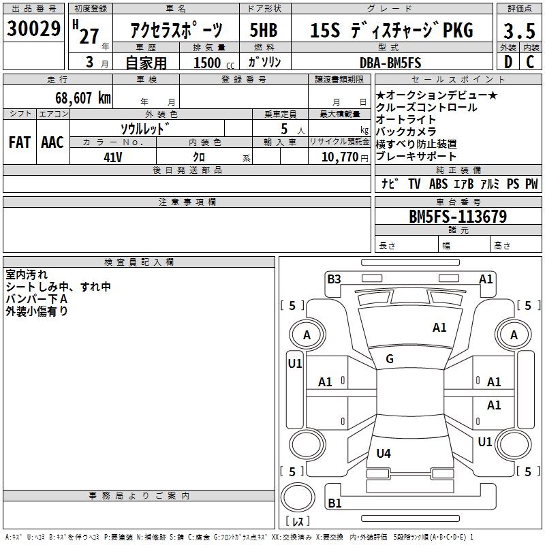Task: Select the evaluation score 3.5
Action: [518, 31]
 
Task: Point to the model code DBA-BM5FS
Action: [390, 63]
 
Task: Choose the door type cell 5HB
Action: [264, 31]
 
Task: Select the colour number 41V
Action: [113, 157]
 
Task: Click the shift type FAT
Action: [20, 142]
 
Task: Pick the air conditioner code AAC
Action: [52, 142]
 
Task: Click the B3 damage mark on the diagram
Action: [334, 278]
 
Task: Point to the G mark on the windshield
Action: [390, 358]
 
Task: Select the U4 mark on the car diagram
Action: [384, 452]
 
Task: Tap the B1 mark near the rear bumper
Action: [334, 503]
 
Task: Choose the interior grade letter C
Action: [531, 63]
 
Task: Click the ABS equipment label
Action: [438, 184]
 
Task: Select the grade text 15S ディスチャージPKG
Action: [391, 31]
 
